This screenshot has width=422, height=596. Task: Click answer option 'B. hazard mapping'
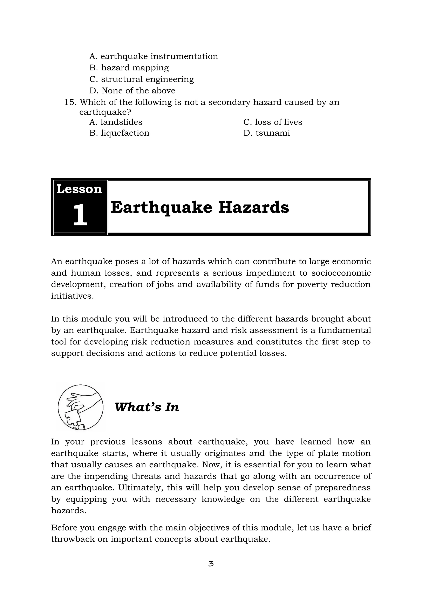tap(129, 68)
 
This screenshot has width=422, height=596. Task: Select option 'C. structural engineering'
tap(142, 79)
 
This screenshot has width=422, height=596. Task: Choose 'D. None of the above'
tap(132, 91)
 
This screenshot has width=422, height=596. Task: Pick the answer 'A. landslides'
tap(116, 122)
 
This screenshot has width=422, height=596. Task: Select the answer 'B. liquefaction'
tap(119, 133)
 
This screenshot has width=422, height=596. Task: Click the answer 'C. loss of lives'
tap(273, 122)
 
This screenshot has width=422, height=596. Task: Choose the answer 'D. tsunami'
tap(267, 133)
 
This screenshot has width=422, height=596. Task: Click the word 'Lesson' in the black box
tap(79, 189)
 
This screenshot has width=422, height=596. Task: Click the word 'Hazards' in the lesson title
tap(254, 208)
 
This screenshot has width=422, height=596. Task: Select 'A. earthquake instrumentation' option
tap(154, 56)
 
